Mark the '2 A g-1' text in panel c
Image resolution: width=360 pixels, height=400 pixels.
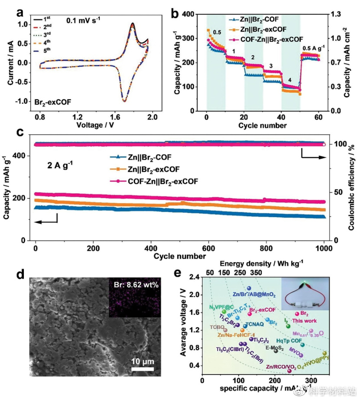[60, 164]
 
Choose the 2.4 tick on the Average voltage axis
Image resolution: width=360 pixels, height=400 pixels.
[195, 276]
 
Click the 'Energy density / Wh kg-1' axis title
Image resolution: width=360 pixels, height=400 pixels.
[262, 263]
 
